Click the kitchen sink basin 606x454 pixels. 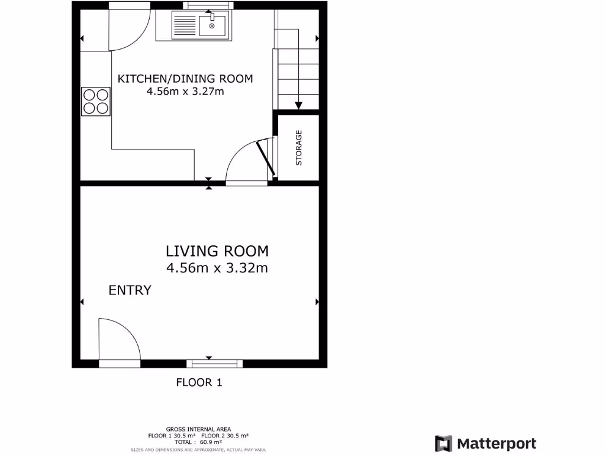coord(212,26)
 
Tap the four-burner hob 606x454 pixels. coord(96,101)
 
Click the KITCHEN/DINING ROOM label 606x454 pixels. coord(185,79)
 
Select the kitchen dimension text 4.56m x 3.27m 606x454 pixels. coord(185,92)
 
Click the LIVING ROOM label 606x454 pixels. coord(217,251)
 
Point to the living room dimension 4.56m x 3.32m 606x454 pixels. coord(217,268)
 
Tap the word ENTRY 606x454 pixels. coord(130,290)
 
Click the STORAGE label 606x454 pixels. coord(299,148)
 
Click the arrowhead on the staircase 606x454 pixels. coord(298,105)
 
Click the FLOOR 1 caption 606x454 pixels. coord(199,382)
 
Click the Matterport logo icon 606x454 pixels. coord(443,443)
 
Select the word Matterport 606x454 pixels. coord(497,443)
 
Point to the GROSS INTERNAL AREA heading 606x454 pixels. coord(198,429)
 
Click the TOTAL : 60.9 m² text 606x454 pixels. coord(198,442)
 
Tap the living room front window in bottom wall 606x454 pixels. coord(214,364)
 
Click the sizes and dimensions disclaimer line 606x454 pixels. coord(198,449)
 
